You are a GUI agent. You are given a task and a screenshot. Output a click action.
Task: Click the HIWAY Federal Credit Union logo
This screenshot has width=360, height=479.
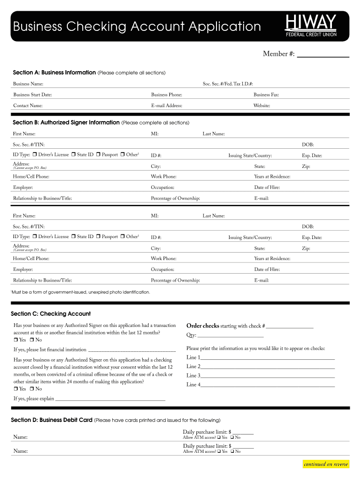[x=311, y=26]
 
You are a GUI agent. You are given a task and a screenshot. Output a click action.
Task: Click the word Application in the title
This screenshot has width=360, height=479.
[x=224, y=26]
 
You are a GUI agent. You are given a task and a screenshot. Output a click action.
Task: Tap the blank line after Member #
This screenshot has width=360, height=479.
[x=323, y=54]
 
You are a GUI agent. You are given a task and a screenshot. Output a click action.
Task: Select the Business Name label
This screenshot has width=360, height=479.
[x=28, y=84]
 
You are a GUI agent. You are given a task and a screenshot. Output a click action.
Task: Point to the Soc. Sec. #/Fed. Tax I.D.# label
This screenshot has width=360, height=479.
[x=228, y=84]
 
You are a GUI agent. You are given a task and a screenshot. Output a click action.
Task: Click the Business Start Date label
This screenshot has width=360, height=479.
[x=32, y=95]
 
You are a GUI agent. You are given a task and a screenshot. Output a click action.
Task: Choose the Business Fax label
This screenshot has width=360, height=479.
[x=266, y=95]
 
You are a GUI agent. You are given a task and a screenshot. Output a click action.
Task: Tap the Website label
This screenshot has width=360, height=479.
[x=262, y=106]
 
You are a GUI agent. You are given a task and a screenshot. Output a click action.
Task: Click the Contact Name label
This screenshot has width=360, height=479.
[x=28, y=106]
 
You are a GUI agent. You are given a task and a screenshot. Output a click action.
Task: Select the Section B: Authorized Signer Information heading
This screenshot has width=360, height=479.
[x=66, y=123]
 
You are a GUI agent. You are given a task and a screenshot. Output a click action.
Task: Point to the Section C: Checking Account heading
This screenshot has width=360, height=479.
[x=50, y=314]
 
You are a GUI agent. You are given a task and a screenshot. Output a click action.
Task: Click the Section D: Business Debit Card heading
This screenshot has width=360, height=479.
[x=51, y=420]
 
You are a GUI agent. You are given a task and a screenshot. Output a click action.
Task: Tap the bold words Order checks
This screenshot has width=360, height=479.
[x=202, y=326]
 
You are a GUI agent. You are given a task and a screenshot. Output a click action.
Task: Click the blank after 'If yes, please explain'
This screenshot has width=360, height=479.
[x=110, y=399]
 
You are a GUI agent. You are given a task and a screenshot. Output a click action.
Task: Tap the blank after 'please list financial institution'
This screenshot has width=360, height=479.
[x=132, y=349]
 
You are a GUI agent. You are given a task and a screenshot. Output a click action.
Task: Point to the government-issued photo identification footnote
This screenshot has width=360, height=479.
[x=80, y=292]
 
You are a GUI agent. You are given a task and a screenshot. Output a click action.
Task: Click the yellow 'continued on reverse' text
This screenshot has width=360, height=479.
[x=326, y=464]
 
